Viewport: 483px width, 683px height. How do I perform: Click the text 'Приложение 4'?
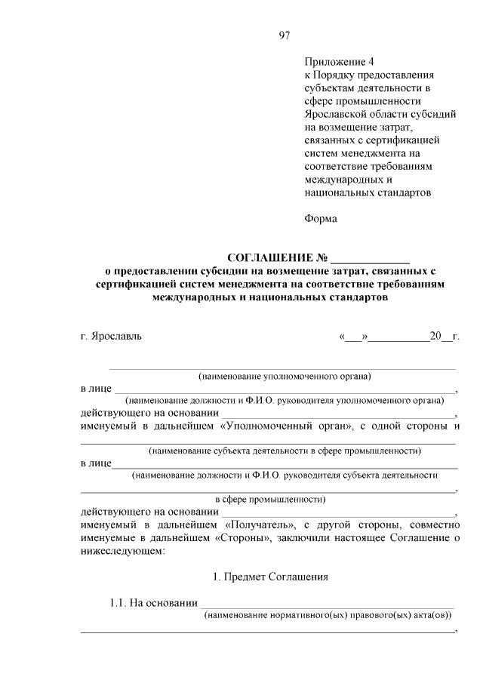[339, 62]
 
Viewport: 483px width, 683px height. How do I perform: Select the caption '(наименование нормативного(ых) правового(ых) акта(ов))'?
[328, 616]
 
